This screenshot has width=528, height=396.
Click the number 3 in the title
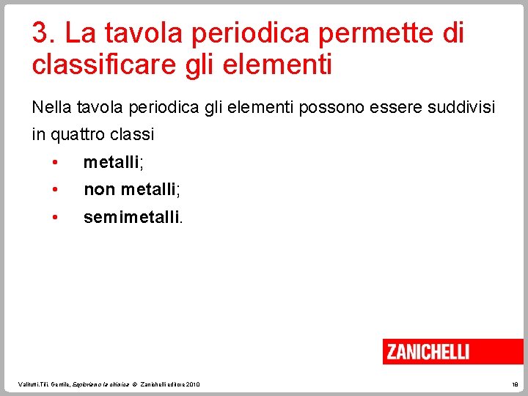[x=40, y=33]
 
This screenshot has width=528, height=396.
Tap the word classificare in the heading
[x=95, y=65]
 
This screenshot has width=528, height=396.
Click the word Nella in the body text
[x=49, y=108]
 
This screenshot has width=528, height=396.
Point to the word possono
[x=331, y=108]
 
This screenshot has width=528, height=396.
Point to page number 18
[x=514, y=384]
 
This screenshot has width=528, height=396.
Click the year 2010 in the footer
[x=192, y=384]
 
